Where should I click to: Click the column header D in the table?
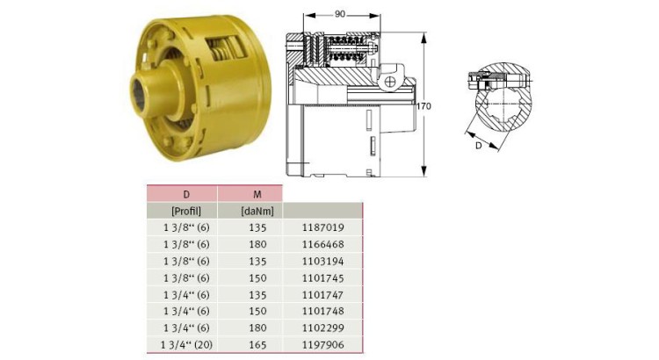tap(185, 193)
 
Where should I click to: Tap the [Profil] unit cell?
tap(185, 211)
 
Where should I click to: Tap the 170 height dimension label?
tap(424, 105)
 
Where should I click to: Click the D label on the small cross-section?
tap(478, 145)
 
